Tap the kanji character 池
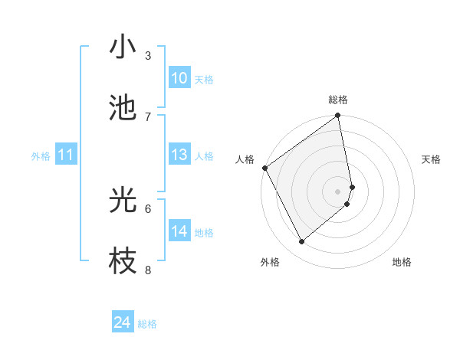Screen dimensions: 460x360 click(x=123, y=108)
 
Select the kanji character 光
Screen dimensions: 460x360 click(x=123, y=201)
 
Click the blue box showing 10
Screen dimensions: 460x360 click(x=179, y=78)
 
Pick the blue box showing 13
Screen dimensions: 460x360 click(x=179, y=155)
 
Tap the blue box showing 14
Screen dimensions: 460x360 click(x=179, y=231)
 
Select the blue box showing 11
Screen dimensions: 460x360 click(x=66, y=155)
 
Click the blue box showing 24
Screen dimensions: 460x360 click(x=123, y=323)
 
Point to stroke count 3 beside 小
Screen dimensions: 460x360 click(x=148, y=55)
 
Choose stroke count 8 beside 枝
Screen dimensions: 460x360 click(x=148, y=269)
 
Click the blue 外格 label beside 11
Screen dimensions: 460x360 click(x=41, y=156)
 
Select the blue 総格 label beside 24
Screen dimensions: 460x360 click(x=147, y=324)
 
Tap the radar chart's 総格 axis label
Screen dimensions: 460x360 click(x=338, y=100)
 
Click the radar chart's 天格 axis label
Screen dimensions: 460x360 click(x=432, y=159)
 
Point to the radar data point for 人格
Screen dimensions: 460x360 click(x=264, y=168)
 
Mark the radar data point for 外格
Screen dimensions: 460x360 click(x=302, y=242)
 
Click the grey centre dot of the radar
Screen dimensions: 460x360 click(x=338, y=191)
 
